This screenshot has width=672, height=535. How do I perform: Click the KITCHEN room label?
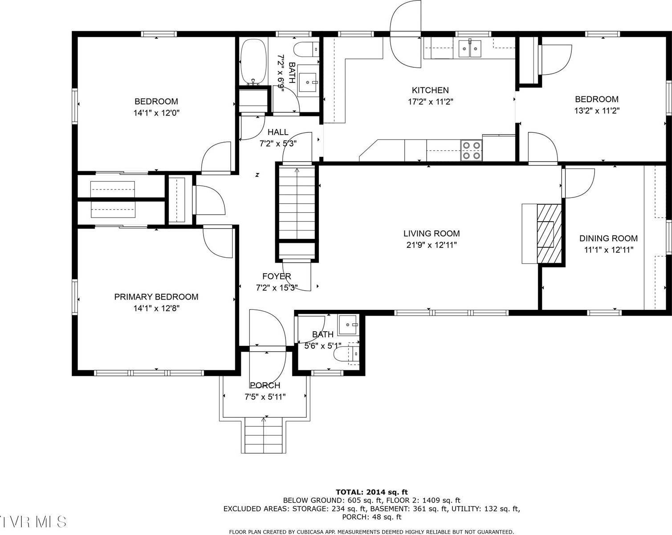pyautogui.click(x=430, y=90)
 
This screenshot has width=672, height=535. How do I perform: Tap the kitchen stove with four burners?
pyautogui.click(x=471, y=150)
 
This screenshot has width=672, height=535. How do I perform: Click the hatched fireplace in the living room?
pyautogui.click(x=549, y=234)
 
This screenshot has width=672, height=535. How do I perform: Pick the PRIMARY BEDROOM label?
pyautogui.click(x=156, y=297)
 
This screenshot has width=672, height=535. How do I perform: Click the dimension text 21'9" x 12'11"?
pyautogui.click(x=431, y=245)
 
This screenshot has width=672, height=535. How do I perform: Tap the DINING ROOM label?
pyautogui.click(x=608, y=239)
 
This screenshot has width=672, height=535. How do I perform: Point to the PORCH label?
pyautogui.click(x=265, y=386)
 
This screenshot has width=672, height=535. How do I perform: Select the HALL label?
pyautogui.click(x=278, y=132)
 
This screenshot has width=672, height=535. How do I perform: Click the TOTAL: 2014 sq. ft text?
pyautogui.click(x=371, y=492)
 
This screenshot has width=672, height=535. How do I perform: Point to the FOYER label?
pyautogui.click(x=277, y=276)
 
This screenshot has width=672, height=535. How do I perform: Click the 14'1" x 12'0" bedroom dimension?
pyautogui.click(x=156, y=113)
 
